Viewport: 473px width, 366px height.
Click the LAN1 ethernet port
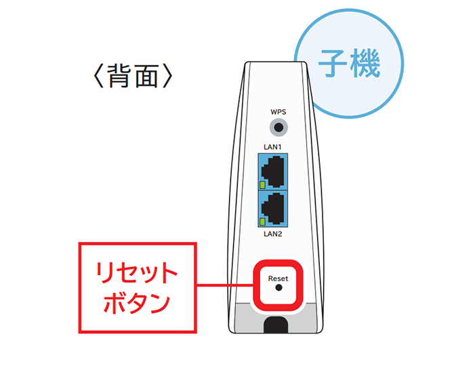(x=275, y=171)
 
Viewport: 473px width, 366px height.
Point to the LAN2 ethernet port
(x=275, y=208)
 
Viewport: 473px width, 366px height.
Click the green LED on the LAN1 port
(x=263, y=184)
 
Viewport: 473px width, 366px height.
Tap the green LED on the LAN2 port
(x=263, y=222)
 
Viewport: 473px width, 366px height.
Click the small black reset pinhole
(x=278, y=288)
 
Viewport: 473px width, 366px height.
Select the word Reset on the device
(x=278, y=278)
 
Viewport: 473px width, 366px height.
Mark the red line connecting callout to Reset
(x=224, y=287)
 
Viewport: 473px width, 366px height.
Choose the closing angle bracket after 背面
(x=170, y=76)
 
